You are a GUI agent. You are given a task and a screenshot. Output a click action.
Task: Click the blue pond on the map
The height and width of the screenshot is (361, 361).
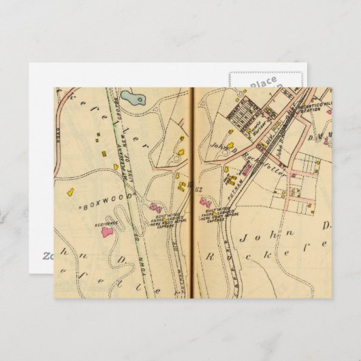tap(136, 100)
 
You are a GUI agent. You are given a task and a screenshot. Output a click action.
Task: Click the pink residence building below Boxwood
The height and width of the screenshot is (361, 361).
tap(107, 232)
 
